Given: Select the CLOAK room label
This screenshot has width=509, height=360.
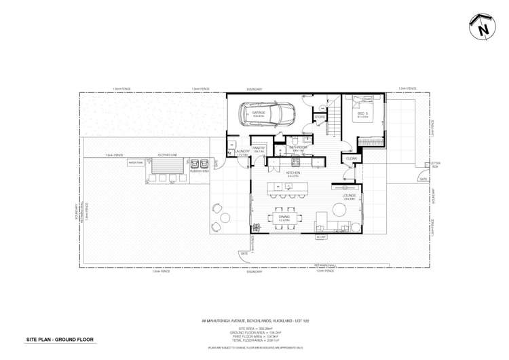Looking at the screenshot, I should coord(351,158).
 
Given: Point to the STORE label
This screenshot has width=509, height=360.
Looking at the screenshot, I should coord(318,118).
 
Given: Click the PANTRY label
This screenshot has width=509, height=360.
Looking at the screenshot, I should coord(259,147).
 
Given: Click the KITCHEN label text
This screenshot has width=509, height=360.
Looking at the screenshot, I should coord(293,174).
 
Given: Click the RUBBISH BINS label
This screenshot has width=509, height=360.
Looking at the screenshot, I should coord(200,170).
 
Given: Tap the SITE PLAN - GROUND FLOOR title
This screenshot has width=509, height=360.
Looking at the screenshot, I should coord(60,339).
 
